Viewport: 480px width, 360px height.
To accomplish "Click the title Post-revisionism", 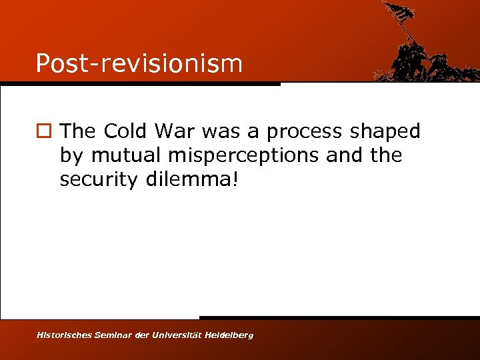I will [x=139, y=63].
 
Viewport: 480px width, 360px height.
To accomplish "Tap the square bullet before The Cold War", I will [x=43, y=132].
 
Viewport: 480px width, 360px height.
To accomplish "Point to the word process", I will [x=304, y=133].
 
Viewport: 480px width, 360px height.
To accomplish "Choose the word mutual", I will [x=127, y=155].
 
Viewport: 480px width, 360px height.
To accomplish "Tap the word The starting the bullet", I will [x=79, y=131].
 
